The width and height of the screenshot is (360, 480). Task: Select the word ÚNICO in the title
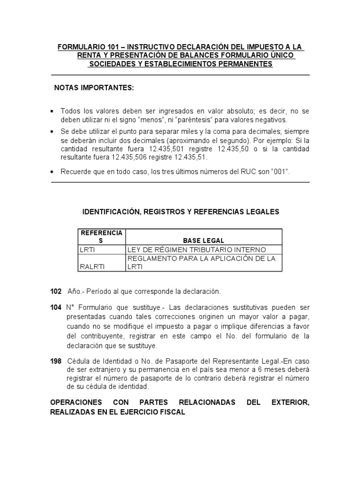[282, 56]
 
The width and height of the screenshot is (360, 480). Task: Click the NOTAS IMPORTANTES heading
[94, 88]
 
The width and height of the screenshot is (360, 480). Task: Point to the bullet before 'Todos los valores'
[52, 111]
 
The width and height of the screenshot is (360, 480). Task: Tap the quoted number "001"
[279, 172]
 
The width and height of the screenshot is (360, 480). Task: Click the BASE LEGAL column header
[204, 240]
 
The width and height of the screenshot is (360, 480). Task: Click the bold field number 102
[56, 292]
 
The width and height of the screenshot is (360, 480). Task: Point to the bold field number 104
[56, 307]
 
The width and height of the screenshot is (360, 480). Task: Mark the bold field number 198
[56, 361]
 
